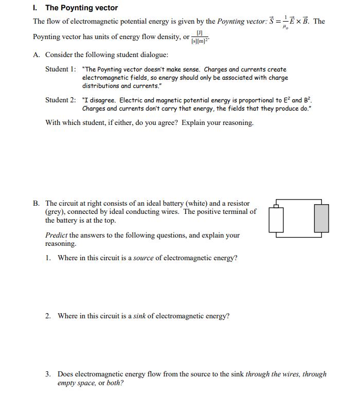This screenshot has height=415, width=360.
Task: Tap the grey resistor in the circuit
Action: click(321, 218)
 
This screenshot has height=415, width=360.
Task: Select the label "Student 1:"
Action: click(61, 69)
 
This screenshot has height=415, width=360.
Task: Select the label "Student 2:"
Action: click(61, 100)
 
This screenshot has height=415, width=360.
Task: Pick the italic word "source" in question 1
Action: click(144, 258)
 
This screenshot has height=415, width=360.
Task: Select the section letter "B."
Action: click(37, 204)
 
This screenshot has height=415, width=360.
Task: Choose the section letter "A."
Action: click(37, 55)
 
